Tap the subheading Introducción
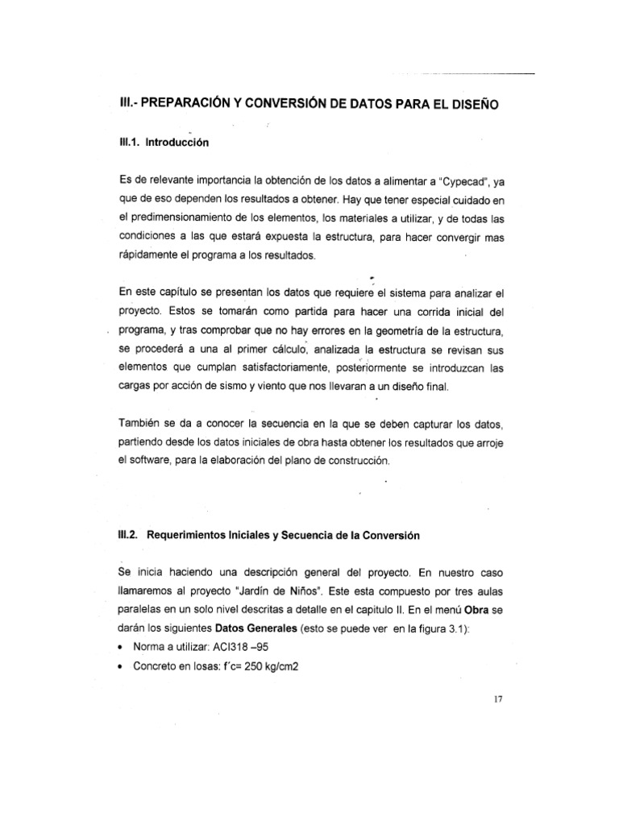coord(177,143)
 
